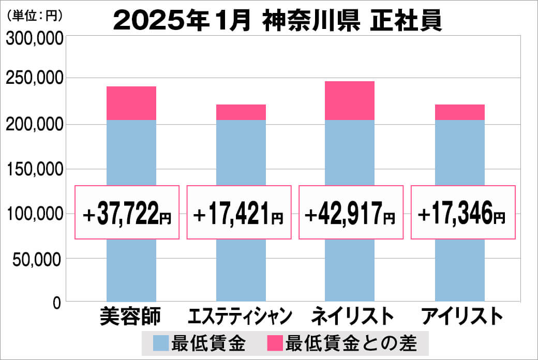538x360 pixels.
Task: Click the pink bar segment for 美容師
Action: point(131,103)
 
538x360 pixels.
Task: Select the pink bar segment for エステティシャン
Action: point(241,112)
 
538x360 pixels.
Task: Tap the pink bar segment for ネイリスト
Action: point(349,101)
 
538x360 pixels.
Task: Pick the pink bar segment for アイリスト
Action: point(459,112)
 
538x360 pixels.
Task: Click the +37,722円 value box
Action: point(127,213)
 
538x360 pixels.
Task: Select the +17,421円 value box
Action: point(238,213)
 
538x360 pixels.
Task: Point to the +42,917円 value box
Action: point(351,213)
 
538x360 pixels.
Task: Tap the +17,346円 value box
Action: point(463,213)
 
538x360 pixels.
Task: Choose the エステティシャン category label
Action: point(241,316)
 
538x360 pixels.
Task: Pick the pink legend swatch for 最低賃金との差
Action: point(275,342)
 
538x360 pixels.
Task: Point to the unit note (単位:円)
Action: point(34,16)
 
